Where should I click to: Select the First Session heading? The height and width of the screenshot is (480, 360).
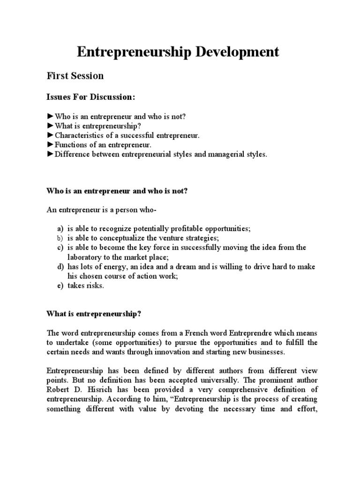(75, 75)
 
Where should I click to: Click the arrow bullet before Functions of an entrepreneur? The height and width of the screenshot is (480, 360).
(50, 145)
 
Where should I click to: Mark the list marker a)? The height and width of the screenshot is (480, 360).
(60, 228)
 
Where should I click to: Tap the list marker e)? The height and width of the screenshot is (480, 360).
(60, 286)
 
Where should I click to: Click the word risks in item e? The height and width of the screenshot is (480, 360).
(95, 286)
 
